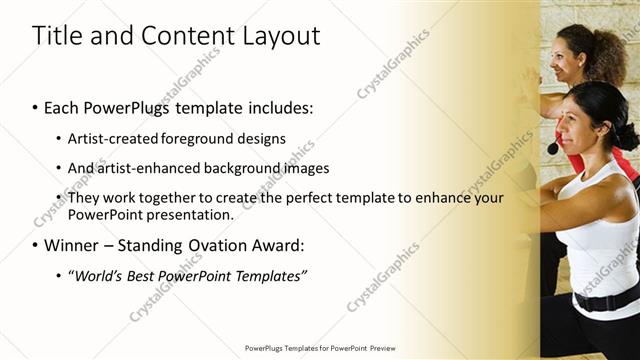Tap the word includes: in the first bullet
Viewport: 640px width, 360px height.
point(284,107)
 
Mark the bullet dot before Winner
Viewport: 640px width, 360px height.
point(35,246)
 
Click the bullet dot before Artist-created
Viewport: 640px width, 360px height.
point(58,139)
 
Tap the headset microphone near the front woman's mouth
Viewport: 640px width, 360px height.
point(552,148)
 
